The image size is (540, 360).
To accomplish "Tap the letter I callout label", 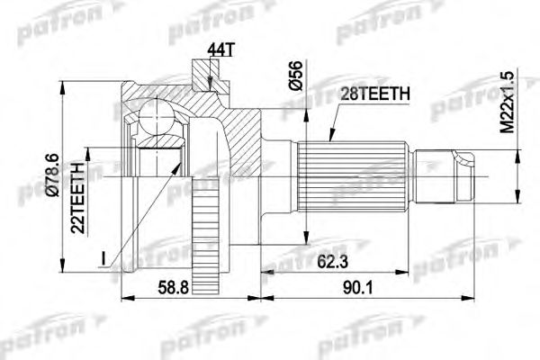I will [x=104, y=259].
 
